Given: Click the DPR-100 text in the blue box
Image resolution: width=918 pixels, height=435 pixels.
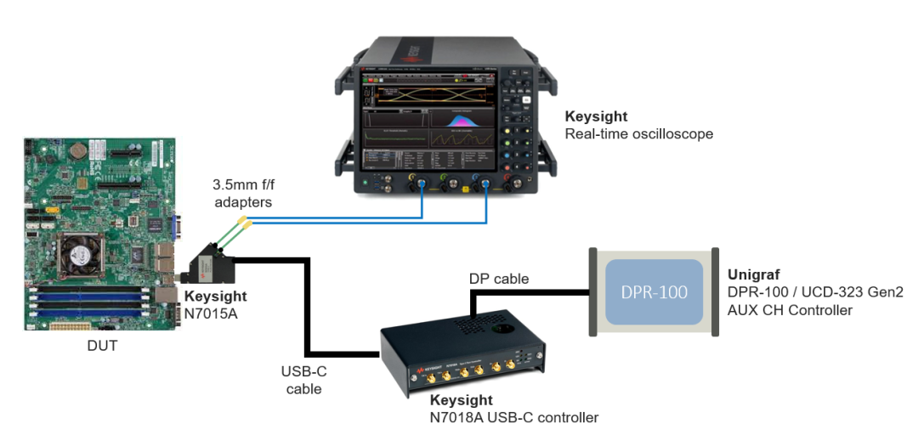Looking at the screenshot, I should click(654, 292).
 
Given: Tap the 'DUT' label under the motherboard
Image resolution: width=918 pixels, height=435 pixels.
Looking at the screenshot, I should click(102, 346).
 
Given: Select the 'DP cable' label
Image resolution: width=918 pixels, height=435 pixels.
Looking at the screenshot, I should click(498, 279).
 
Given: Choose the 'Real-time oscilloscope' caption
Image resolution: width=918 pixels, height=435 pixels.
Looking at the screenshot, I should click(638, 133).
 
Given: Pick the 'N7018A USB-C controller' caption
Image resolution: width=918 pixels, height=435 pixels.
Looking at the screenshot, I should click(513, 417).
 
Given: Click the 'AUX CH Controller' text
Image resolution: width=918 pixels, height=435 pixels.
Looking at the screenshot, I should click(790, 310).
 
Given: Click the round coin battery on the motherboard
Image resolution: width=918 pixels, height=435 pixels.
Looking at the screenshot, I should click(78, 150).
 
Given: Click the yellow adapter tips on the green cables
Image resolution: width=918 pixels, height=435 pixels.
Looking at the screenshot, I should click(244, 223).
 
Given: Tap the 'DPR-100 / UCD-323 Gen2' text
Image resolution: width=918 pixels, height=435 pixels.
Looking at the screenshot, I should click(815, 292).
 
